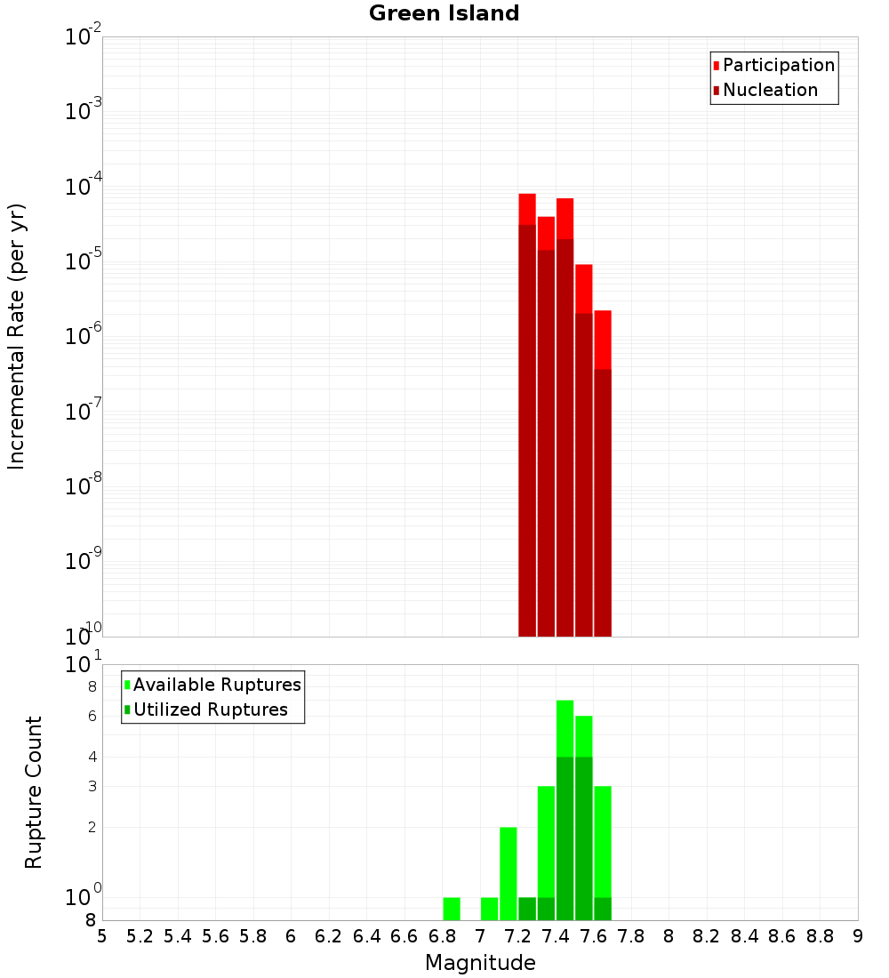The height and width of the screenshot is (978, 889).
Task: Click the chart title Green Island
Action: coord(444,13)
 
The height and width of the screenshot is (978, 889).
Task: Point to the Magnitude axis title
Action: coord(480,963)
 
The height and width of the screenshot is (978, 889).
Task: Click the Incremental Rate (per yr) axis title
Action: coord(17,336)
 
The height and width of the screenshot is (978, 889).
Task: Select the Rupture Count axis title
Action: coord(34,792)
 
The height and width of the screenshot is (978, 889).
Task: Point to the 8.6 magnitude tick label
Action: coord(782,936)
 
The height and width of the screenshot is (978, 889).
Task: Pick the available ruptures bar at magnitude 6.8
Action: coord(452,909)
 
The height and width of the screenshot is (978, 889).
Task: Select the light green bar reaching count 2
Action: coord(509,871)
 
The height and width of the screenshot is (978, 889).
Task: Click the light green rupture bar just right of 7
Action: coord(490,909)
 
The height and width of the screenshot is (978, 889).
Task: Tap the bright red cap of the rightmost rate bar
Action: coord(603,339)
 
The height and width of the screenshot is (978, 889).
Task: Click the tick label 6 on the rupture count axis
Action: coord(92,716)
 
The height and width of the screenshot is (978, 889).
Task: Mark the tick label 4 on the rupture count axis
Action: coord(92,757)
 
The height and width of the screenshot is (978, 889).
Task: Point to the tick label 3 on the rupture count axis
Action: coord(92,786)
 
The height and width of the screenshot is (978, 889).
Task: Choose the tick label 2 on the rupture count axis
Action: coord(92,827)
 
